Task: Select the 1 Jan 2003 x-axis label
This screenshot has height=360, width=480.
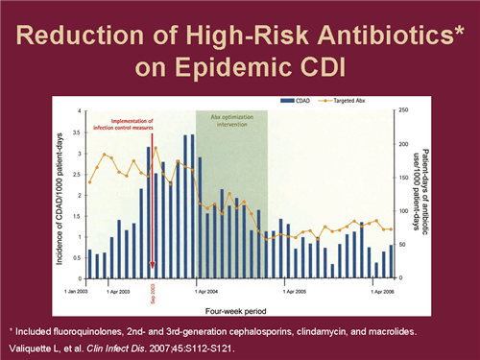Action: tap(79, 288)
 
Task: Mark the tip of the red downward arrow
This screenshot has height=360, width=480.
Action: tap(152, 274)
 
